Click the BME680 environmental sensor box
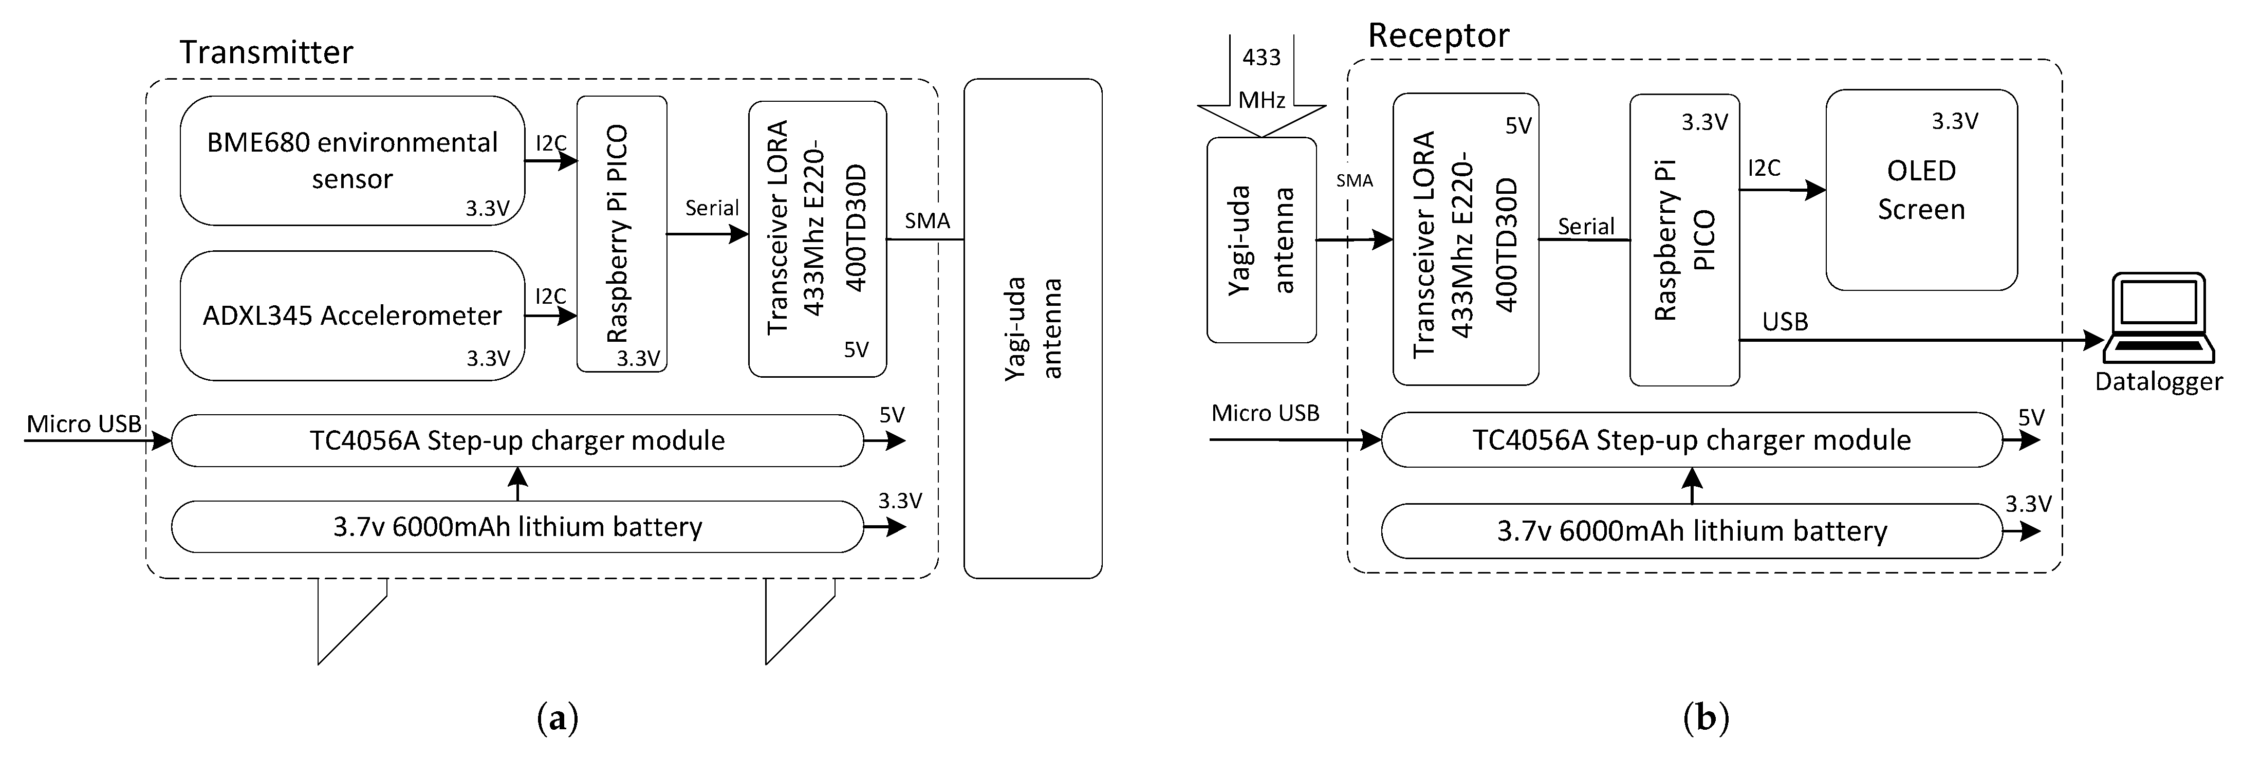click(352, 160)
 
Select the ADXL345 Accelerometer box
click(352, 316)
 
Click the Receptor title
click(1438, 35)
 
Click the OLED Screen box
click(1921, 190)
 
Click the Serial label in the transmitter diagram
click(711, 208)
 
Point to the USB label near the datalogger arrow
click(1785, 322)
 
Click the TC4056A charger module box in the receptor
click(1691, 440)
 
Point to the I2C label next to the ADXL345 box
click(550, 296)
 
